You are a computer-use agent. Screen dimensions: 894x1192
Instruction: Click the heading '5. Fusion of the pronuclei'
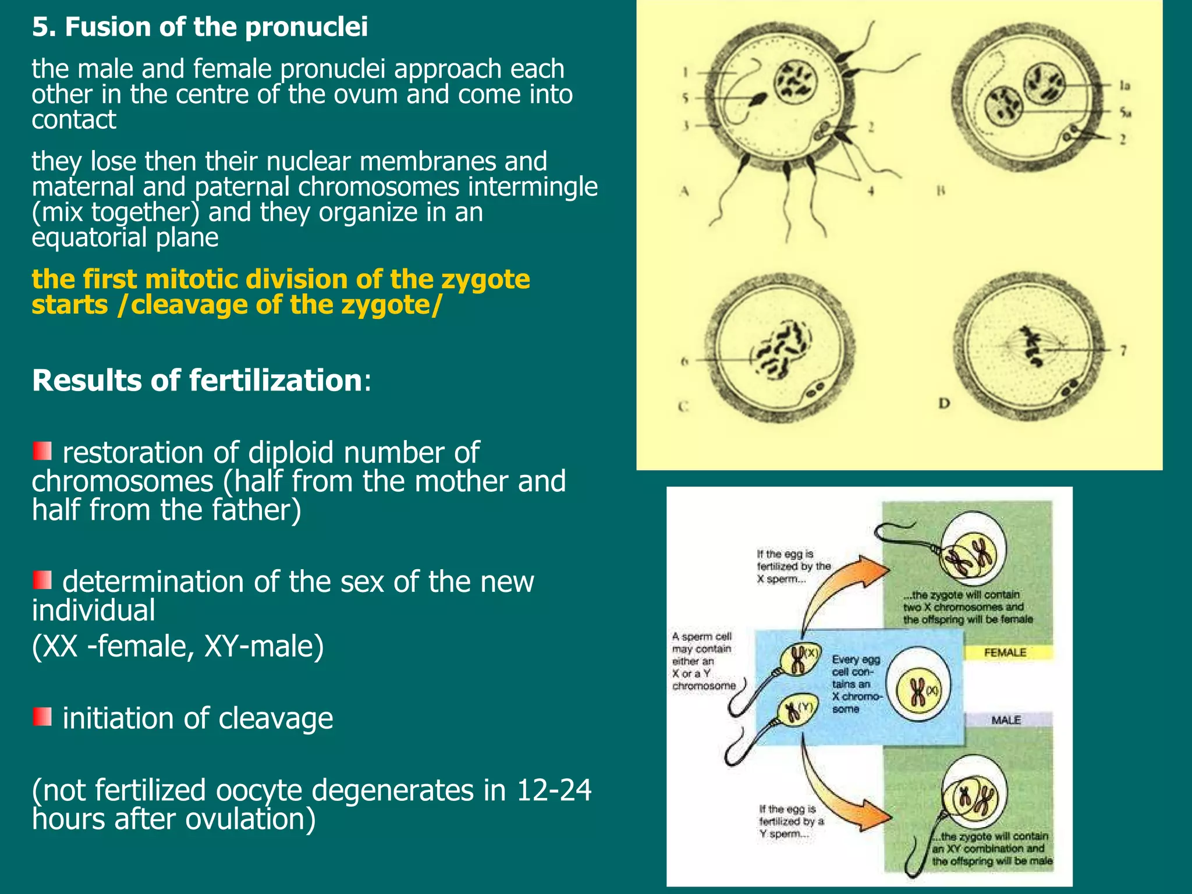[200, 27]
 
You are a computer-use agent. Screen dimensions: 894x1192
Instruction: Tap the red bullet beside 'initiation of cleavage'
[42, 716]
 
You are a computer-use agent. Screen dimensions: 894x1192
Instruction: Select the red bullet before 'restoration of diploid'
[42, 451]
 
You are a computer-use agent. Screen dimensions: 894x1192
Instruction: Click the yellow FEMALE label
[1005, 652]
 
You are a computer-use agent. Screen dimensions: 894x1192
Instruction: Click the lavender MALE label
[1006, 720]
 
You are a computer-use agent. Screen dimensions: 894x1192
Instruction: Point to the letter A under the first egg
[684, 190]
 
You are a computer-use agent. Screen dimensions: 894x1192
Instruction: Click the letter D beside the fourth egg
[944, 403]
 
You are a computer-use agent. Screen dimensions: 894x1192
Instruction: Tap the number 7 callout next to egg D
[1123, 350]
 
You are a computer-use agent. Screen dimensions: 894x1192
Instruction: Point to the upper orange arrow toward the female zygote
[838, 588]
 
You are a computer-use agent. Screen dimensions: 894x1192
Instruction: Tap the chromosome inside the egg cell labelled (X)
[917, 691]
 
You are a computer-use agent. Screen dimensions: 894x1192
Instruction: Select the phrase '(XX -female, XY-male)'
[178, 646]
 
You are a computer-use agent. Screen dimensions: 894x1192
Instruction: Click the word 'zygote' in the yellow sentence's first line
[485, 279]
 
